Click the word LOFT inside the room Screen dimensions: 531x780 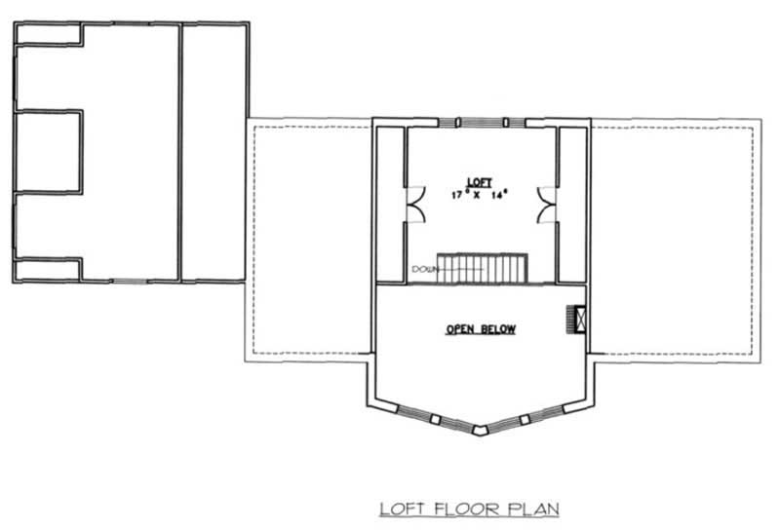tap(479, 181)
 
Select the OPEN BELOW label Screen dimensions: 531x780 tap(481, 329)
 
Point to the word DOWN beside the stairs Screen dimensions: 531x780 tap(423, 268)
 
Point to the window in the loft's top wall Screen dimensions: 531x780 tap(481, 122)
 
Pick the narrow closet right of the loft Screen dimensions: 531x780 tap(572, 205)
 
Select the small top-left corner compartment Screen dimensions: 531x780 tap(47, 34)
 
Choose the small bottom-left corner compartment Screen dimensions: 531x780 tap(47, 269)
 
